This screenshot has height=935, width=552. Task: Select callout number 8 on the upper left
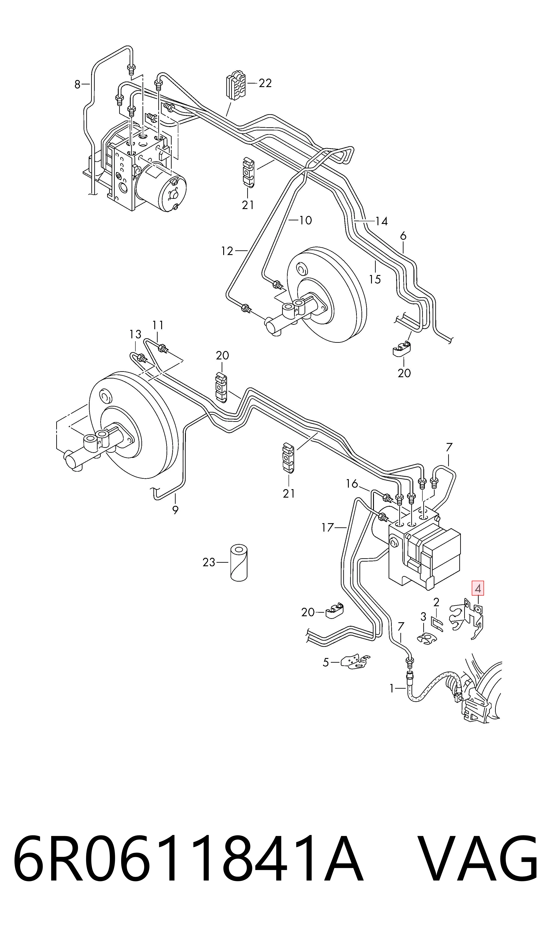pyautogui.click(x=77, y=85)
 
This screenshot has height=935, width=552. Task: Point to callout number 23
pyautogui.click(x=209, y=562)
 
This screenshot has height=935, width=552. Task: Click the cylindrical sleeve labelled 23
pyautogui.click(x=239, y=563)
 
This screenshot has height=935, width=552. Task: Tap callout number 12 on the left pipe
pyautogui.click(x=227, y=251)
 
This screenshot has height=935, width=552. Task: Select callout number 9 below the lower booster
pyautogui.click(x=175, y=510)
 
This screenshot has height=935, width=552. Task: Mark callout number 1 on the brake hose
pyautogui.click(x=391, y=689)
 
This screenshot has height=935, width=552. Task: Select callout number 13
pyautogui.click(x=135, y=335)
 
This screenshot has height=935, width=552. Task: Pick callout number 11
pyautogui.click(x=158, y=325)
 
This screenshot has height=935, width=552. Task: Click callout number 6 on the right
pyautogui.click(x=403, y=236)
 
